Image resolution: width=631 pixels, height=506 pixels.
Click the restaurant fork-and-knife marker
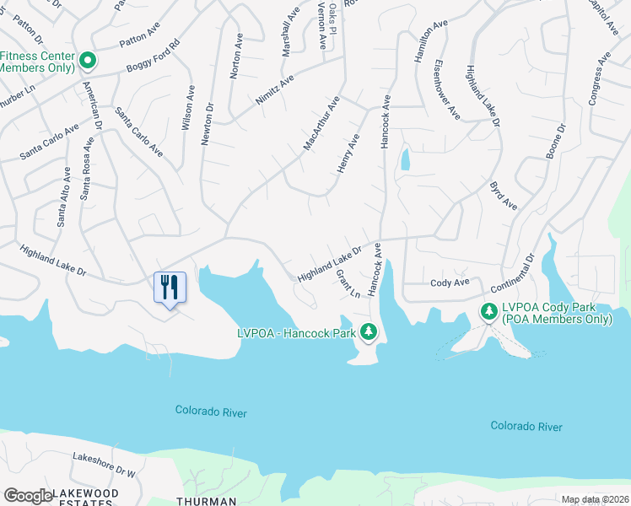pos(170,288)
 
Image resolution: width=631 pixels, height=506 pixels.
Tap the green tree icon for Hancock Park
pos(368,332)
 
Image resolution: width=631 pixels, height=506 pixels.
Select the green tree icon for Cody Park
pos(488,312)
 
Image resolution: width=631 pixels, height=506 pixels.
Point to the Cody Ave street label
pos(449,283)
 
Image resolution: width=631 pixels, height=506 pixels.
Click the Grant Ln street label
pos(348,284)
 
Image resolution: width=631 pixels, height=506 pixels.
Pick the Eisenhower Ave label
pos(447,89)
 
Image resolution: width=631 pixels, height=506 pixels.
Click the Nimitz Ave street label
pos(275,89)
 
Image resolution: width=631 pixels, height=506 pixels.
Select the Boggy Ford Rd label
pos(153,55)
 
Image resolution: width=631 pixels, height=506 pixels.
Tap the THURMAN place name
pos(206,501)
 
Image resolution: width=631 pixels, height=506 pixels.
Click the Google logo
pos(27,496)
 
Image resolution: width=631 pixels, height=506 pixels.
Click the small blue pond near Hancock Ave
pos(405,159)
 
